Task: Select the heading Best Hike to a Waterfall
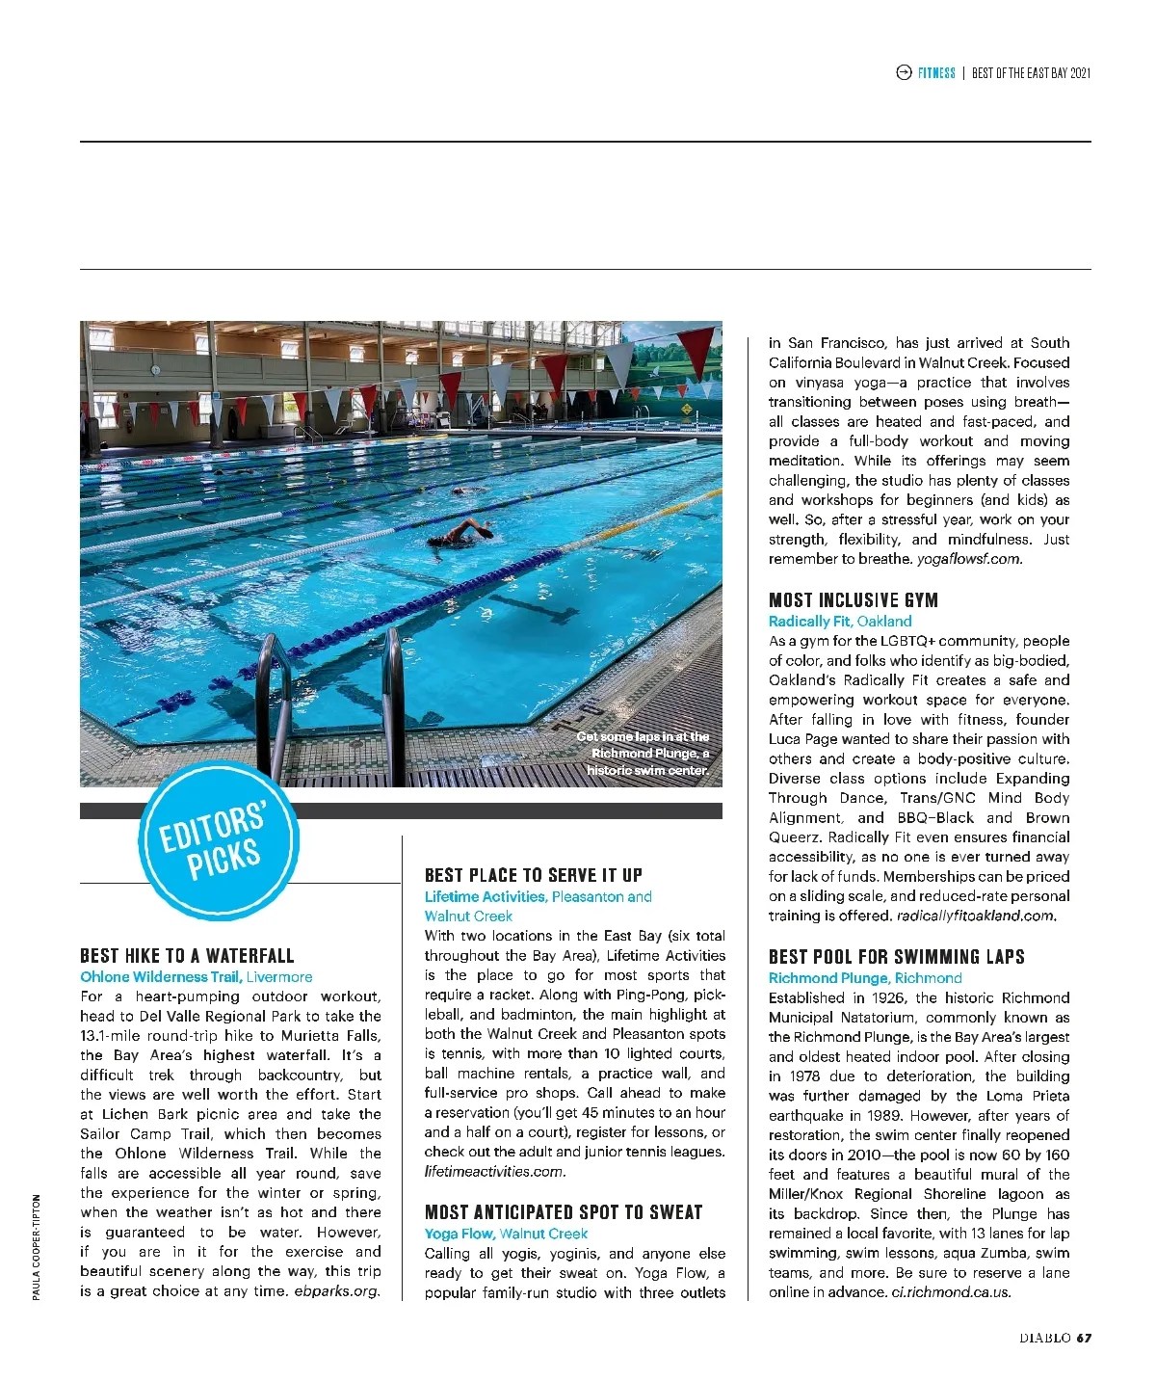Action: point(187,956)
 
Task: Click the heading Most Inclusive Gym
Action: point(853,600)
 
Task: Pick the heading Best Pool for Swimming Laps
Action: point(896,957)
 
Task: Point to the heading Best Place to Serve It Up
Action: point(533,875)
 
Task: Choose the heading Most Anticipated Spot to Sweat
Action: point(564,1212)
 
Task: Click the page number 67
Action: point(1084,1338)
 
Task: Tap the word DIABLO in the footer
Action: point(1045,1338)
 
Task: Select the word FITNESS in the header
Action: point(936,73)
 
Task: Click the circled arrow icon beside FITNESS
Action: point(904,73)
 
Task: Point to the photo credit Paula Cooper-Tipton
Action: point(37,1247)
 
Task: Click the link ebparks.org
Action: point(337,1291)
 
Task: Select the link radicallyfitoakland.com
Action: point(976,916)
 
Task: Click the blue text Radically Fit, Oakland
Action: point(840,622)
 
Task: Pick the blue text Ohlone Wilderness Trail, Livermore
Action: point(197,977)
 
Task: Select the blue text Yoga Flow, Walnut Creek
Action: point(506,1234)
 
